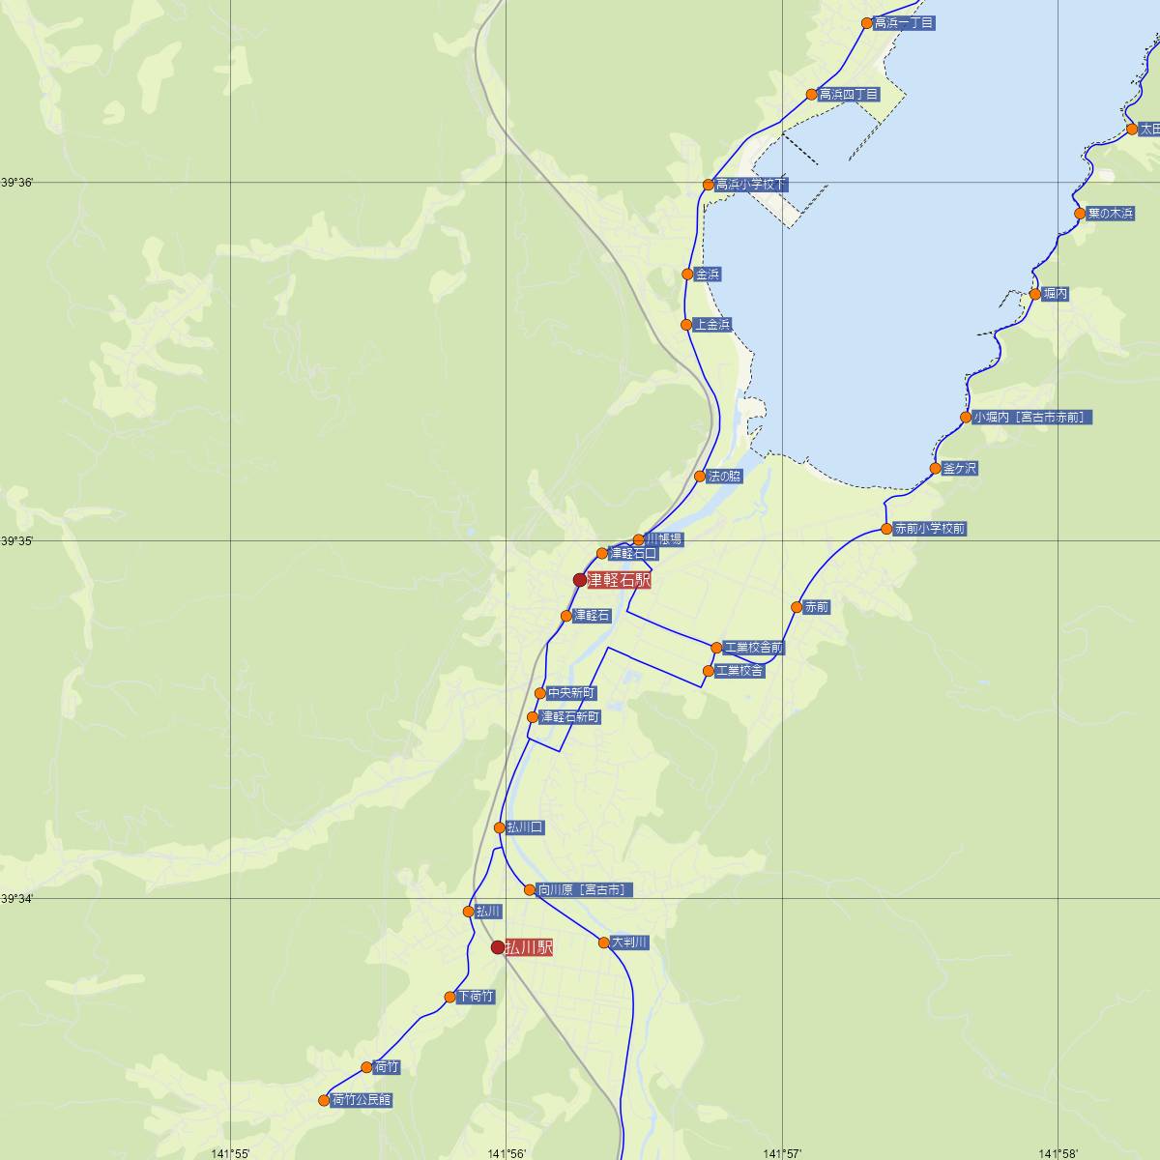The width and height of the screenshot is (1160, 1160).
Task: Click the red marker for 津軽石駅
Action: tap(580, 580)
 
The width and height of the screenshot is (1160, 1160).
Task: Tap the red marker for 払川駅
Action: tap(498, 947)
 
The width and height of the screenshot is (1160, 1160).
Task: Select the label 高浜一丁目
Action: tap(904, 23)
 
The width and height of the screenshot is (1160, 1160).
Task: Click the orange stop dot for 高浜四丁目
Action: tap(812, 95)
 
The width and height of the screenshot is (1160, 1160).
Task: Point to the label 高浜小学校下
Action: tap(751, 185)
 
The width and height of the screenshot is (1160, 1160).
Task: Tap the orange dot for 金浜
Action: tap(687, 275)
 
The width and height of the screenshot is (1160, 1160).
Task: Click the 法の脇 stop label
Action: tap(725, 477)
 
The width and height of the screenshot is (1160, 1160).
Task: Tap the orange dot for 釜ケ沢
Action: tap(935, 469)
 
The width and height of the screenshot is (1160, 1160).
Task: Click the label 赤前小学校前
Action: tap(929, 529)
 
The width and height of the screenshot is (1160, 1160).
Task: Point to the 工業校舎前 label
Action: tap(754, 648)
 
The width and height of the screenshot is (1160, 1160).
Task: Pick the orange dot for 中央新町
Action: tap(540, 693)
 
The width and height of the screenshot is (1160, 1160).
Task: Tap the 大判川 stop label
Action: tap(629, 942)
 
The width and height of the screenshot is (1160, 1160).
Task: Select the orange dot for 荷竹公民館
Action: tap(324, 1100)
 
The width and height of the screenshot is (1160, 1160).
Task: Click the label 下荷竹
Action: tap(476, 997)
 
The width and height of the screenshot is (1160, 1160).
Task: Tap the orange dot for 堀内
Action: tap(1034, 294)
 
